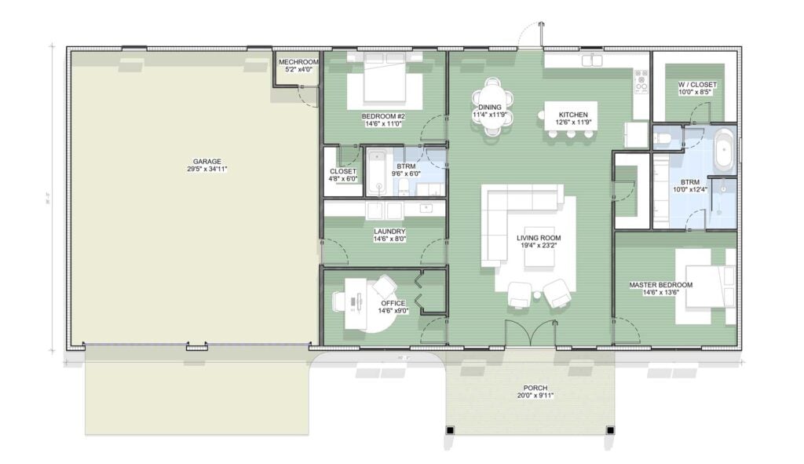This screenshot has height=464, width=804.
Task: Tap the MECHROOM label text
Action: click(298, 62)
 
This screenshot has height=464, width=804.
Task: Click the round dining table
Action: click(492, 108)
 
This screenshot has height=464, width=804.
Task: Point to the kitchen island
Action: click(571, 115)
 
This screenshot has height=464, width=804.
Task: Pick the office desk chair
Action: click(384, 287)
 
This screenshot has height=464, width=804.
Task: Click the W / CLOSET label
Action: click(696, 84)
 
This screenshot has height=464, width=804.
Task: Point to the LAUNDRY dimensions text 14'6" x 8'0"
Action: click(389, 239)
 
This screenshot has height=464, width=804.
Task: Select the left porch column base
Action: click(450, 430)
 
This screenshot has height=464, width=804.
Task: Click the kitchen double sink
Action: click(591, 60)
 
